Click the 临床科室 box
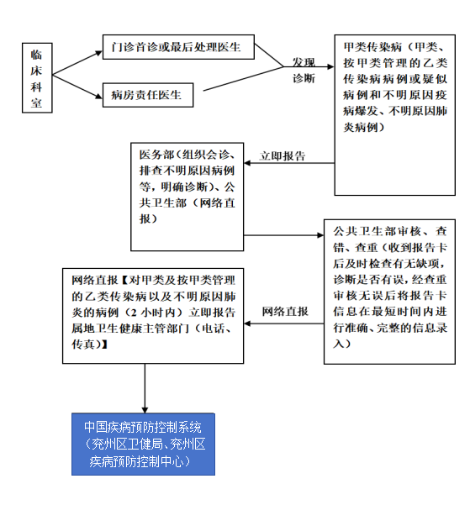click(37, 78)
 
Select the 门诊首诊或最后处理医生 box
click(178, 47)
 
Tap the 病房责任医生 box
click(148, 95)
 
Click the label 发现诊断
click(304, 71)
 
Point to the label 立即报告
click(283, 156)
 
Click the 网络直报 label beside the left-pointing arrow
click(285, 312)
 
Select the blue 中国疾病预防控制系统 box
click(143, 444)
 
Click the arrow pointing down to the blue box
click(145, 388)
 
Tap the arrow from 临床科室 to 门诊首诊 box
click(77, 63)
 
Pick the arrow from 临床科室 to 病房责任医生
click(77, 87)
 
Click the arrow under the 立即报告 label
click(289, 163)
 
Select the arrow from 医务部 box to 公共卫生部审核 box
click(283, 235)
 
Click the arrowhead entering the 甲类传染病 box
click(331, 66)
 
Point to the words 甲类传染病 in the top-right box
click(372, 47)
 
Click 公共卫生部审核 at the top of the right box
click(377, 231)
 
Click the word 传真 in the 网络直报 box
click(83, 345)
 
